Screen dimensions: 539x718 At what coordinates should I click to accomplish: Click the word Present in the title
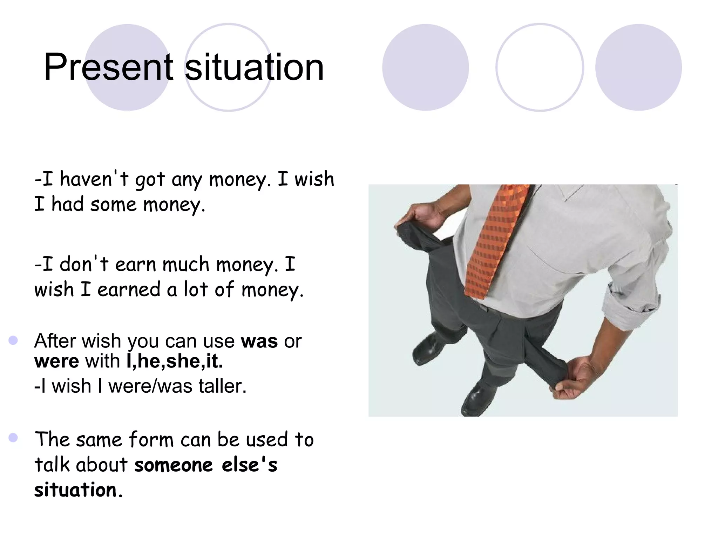coord(108,67)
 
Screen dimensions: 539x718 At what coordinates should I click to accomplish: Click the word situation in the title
coord(254,67)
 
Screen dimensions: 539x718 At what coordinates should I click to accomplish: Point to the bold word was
coord(259,341)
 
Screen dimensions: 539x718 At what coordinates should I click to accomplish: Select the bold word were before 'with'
coord(56,361)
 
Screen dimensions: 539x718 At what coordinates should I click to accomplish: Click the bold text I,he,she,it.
coord(175,361)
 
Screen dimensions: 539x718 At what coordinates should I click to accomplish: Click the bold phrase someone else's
coord(206,465)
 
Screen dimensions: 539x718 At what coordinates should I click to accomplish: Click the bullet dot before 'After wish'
coord(13,340)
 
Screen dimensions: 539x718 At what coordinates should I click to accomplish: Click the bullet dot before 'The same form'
coord(13,438)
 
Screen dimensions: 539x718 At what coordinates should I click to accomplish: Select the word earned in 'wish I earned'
coord(129,290)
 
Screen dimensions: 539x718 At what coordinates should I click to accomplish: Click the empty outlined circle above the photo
coord(540,67)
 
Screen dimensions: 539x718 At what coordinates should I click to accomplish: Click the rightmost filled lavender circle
coord(638,67)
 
